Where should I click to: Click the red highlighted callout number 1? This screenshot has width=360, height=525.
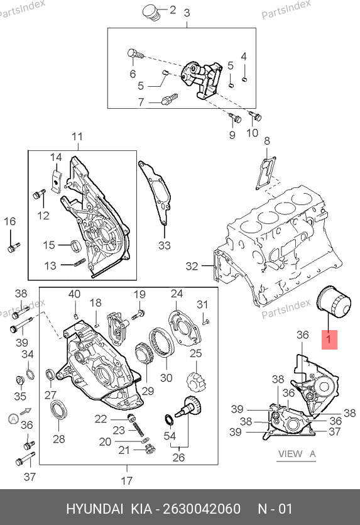coord(329,340)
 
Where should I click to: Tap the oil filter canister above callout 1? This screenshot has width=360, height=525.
coord(334,302)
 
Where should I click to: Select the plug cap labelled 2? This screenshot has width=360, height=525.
coord(151,13)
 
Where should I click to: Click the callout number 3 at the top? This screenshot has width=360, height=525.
coord(187,13)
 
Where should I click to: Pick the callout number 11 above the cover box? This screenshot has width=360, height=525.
coord(77,137)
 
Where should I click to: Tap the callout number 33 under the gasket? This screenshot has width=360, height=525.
coord(164,245)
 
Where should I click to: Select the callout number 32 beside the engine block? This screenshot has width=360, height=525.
coord(192,266)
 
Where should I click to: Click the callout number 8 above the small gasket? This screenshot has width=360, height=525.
coord(266,141)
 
